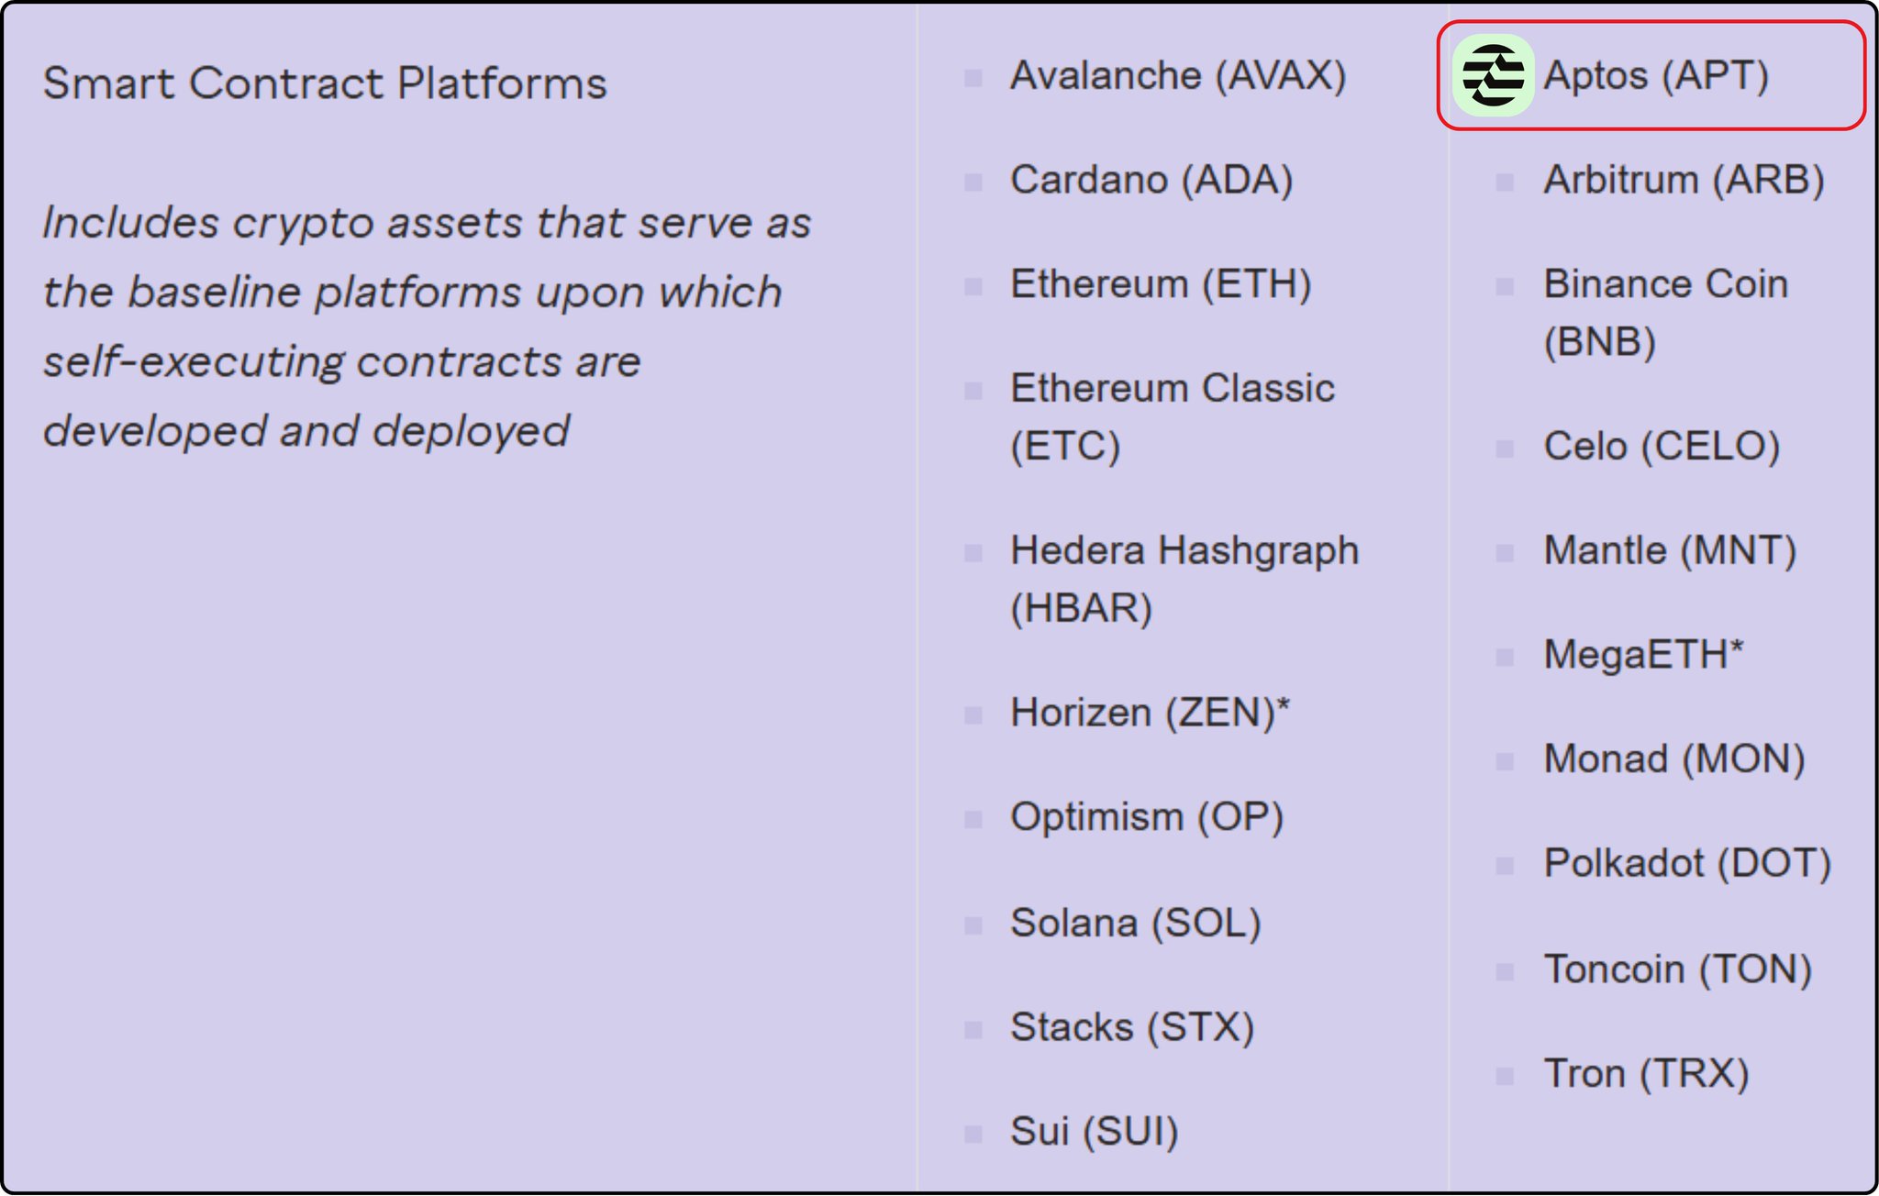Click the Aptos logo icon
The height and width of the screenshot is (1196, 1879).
(x=1493, y=75)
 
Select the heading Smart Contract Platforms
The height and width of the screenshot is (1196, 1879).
(x=325, y=83)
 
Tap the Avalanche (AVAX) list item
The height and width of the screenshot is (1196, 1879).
(x=1178, y=75)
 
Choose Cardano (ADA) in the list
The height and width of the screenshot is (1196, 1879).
(x=1151, y=180)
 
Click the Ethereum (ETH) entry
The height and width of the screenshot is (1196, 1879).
(x=1161, y=284)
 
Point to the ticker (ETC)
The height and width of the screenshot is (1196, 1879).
(x=1065, y=447)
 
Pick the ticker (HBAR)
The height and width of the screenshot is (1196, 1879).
(x=1081, y=608)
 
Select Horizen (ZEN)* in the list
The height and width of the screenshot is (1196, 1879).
(x=1150, y=713)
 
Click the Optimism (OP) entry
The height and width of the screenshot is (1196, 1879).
(x=1147, y=817)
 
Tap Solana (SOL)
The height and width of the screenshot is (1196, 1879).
(x=1136, y=923)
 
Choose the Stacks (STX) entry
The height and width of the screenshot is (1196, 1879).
(x=1132, y=1027)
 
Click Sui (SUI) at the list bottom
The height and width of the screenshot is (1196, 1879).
(x=1095, y=1132)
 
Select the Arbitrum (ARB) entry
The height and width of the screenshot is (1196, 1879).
(x=1684, y=180)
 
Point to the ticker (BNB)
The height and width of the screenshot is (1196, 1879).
(x=1599, y=342)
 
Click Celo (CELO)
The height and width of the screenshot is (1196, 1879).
(x=1662, y=447)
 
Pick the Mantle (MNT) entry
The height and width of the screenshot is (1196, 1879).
(x=1670, y=551)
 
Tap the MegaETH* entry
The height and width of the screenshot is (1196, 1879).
(x=1643, y=655)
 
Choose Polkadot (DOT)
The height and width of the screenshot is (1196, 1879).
(x=1687, y=864)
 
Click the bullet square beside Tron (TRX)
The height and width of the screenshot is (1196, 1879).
(x=1505, y=1075)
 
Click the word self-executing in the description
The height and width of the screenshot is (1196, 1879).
(x=194, y=361)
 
